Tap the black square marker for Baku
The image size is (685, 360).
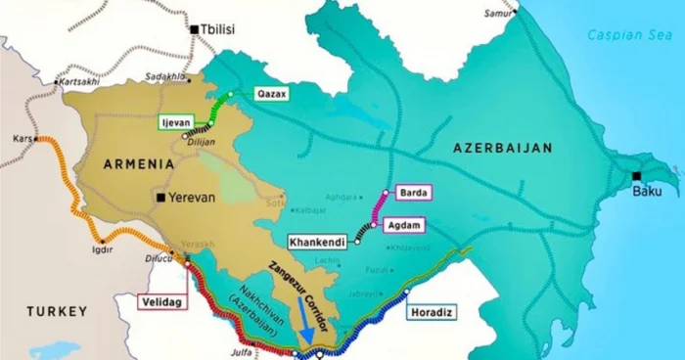[x=637, y=176]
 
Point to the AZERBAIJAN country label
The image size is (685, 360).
[x=502, y=148]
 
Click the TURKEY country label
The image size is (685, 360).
[x=57, y=311]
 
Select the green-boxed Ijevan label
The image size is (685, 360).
[x=177, y=122]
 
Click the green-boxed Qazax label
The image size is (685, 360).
[x=270, y=94]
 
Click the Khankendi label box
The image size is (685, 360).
[x=318, y=240]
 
